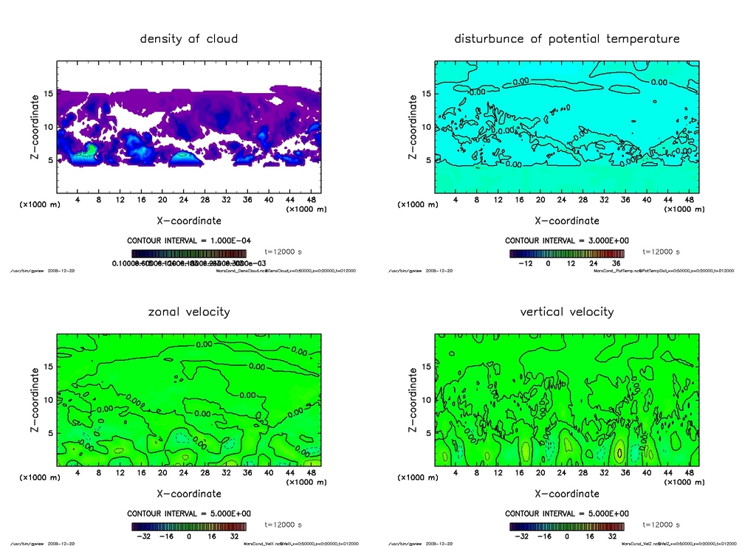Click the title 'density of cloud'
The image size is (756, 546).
(189, 38)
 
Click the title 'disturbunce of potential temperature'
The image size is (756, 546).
(567, 38)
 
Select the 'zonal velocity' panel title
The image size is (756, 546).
(189, 311)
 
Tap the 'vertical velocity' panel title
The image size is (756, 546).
(567, 311)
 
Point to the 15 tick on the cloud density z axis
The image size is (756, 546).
(48, 94)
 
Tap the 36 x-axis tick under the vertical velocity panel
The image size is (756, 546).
(625, 473)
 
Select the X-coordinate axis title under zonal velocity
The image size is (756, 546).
(189, 493)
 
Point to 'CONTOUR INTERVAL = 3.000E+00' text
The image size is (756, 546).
(567, 241)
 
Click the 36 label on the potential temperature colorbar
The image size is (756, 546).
(614, 263)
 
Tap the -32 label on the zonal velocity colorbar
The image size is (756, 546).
(143, 536)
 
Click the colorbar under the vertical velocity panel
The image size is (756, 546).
(567, 527)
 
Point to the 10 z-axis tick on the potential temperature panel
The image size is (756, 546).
(426, 127)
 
